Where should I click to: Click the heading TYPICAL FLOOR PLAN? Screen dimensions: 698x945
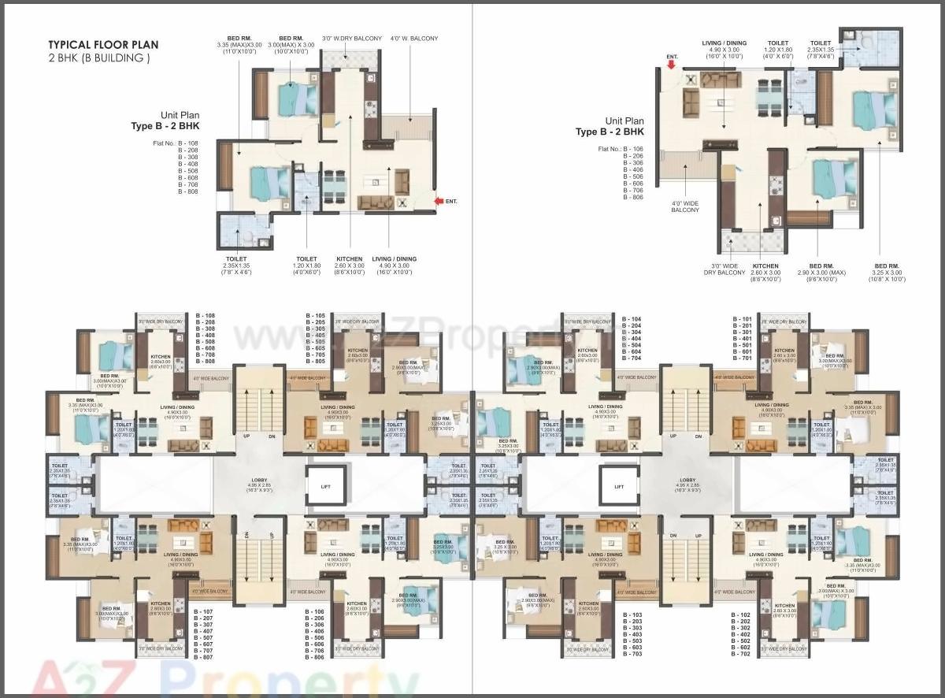click(103, 45)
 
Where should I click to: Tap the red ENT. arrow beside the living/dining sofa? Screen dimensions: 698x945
click(439, 202)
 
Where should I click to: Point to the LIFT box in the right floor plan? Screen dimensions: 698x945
click(619, 487)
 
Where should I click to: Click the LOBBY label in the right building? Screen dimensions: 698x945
click(687, 479)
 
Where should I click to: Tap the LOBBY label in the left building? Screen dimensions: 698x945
click(259, 479)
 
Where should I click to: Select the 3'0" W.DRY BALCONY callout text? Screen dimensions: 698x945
click(352, 38)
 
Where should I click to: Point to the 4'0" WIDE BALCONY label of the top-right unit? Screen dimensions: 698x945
click(685, 210)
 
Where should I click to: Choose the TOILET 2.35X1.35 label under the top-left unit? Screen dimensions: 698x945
click(235, 262)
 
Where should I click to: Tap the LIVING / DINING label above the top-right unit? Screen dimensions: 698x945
click(724, 48)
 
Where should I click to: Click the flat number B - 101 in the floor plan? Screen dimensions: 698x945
click(742, 320)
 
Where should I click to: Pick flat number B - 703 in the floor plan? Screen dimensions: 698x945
click(632, 654)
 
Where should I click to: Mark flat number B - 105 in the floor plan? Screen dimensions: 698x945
click(315, 316)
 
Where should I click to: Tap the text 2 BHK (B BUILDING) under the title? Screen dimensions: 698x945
click(98, 58)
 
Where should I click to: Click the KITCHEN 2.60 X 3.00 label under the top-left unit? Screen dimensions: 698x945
click(349, 262)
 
